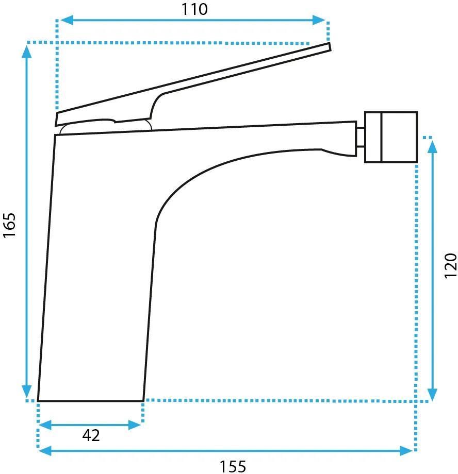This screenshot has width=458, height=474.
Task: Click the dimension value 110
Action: point(194,9)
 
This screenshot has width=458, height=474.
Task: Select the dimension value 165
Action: point(9,225)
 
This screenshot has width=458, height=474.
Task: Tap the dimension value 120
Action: point(450,266)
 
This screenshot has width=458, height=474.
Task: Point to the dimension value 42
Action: point(91,435)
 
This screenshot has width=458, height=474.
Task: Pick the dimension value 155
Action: point(233,466)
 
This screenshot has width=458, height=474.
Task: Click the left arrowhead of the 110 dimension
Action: point(67,20)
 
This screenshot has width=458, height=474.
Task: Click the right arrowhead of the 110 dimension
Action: point(319,20)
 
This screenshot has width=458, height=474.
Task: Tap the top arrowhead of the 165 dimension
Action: point(27,51)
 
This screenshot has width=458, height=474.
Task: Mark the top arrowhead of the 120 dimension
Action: point(433,147)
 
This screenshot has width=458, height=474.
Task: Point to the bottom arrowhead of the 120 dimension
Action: point(433,395)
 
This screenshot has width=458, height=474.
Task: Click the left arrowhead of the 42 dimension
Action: point(45,425)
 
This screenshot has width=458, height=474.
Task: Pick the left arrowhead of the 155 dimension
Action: point(45,451)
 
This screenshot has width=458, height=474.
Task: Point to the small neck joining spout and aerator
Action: point(360,138)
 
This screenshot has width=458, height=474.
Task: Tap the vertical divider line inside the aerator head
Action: point(382,137)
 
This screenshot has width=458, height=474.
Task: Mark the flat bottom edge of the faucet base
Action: point(90,401)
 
